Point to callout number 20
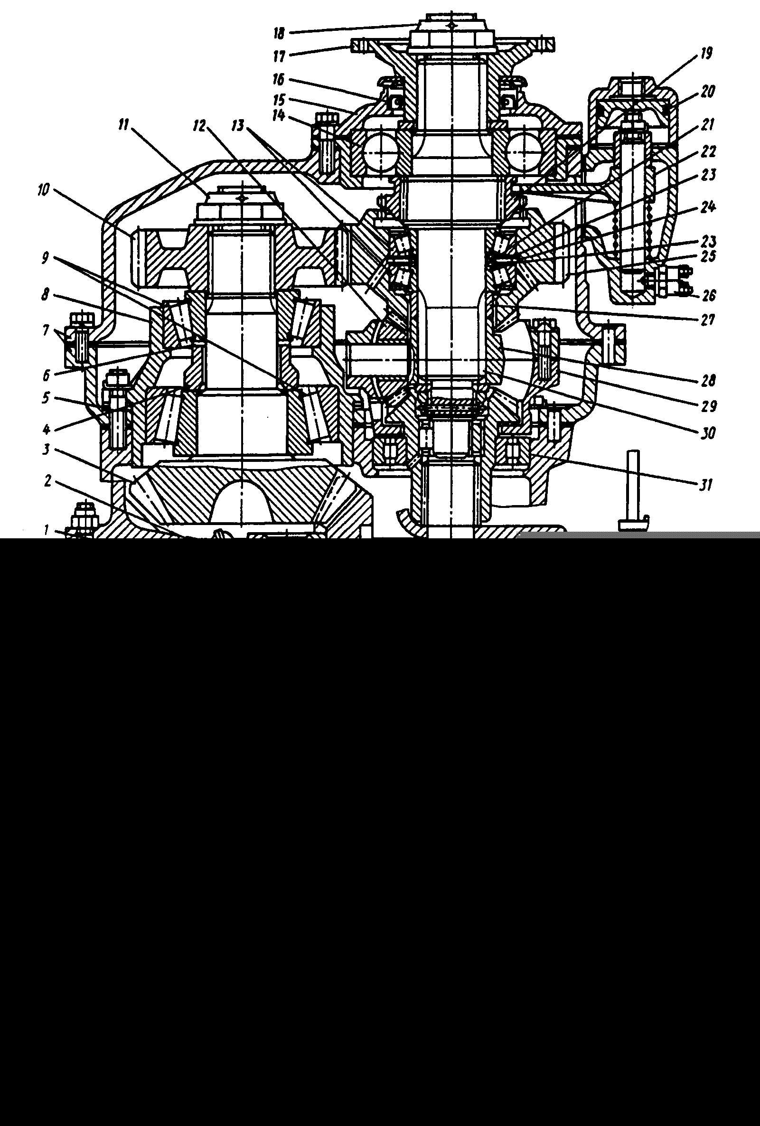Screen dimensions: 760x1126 pyautogui.click(x=708, y=91)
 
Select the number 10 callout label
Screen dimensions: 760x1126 pyautogui.click(x=44, y=190)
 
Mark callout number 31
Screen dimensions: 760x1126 pyautogui.click(x=706, y=483)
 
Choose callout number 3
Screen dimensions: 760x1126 pyautogui.click(x=47, y=450)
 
